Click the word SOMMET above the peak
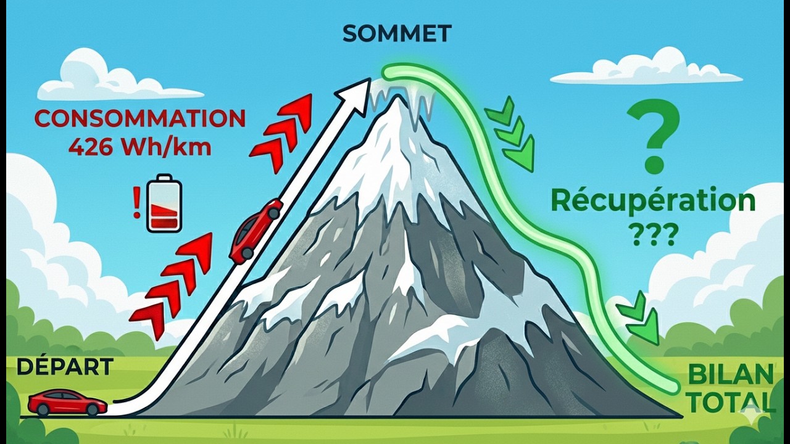[x=397, y=34]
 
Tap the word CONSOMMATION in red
[x=140, y=118]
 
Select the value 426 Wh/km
[x=140, y=147]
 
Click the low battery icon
[x=164, y=203]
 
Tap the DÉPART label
[x=65, y=367]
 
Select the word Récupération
[x=653, y=202]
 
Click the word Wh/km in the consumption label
[x=166, y=147]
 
